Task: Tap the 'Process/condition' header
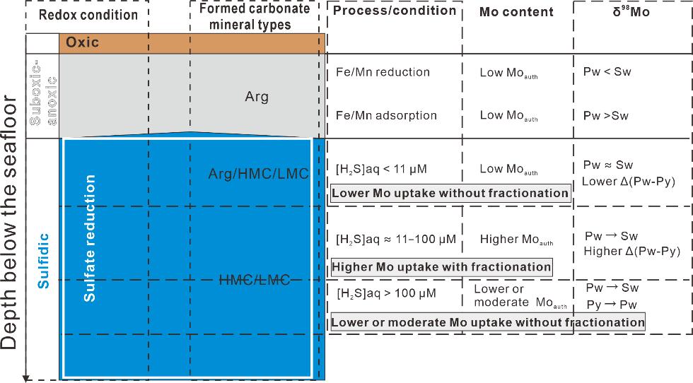pyautogui.click(x=394, y=11)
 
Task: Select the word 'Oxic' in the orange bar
pyautogui.click(x=82, y=42)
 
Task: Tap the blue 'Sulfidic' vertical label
pyautogui.click(x=44, y=259)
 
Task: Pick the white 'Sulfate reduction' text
pyautogui.click(x=90, y=238)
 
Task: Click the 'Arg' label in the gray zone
pyautogui.click(x=257, y=97)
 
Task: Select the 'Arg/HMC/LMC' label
pyautogui.click(x=259, y=173)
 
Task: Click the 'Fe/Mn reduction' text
pyautogui.click(x=383, y=72)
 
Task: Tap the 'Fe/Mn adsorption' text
pyautogui.click(x=386, y=115)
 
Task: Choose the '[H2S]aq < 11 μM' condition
pyautogui.click(x=381, y=170)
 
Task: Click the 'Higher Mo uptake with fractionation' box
pyautogui.click(x=441, y=266)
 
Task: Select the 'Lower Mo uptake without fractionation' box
pyautogui.click(x=450, y=193)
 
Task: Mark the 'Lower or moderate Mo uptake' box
pyautogui.click(x=488, y=322)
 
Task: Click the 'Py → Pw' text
pyautogui.click(x=612, y=305)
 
